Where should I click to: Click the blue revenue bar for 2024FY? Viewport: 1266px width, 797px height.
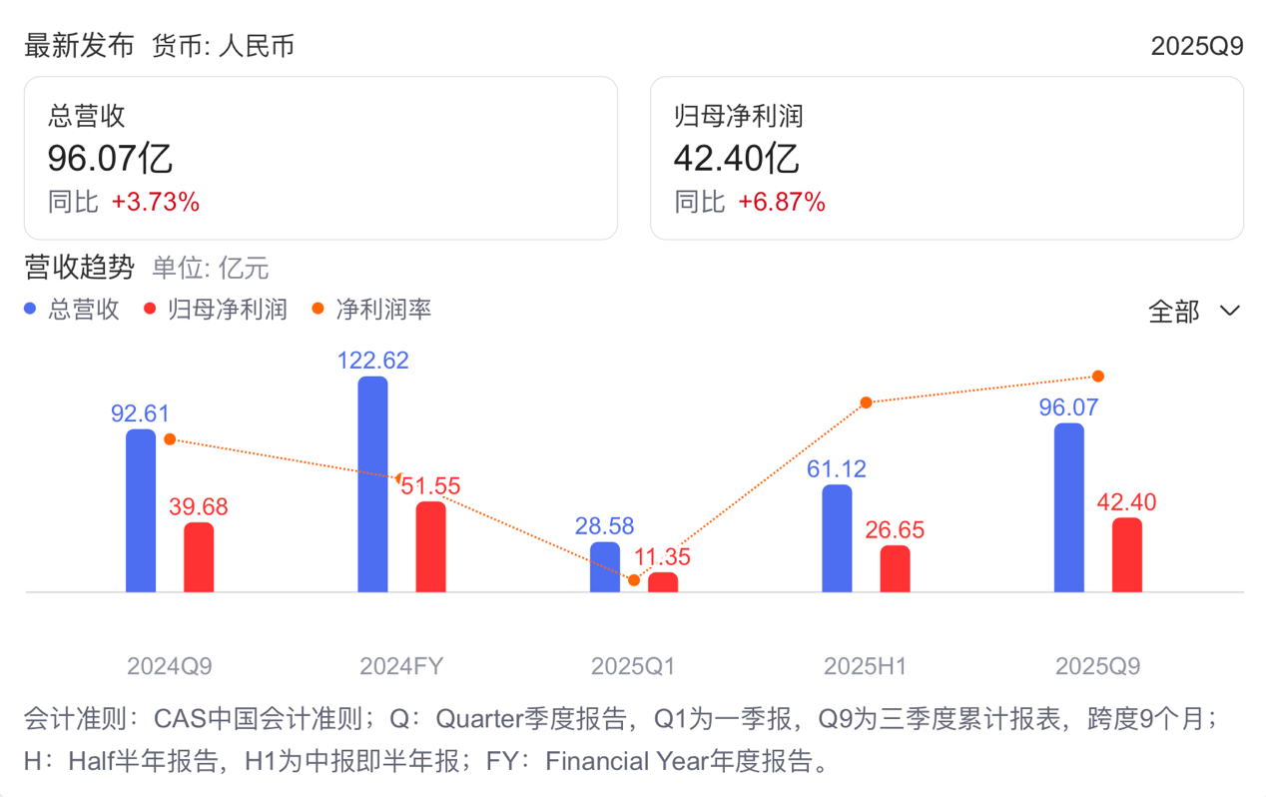pyautogui.click(x=372, y=484)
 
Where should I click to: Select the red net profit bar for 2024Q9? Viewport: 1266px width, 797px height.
pyautogui.click(x=199, y=557)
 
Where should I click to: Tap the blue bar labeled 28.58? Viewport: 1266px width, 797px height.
pyautogui.click(x=605, y=567)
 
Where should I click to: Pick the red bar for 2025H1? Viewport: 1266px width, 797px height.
pyautogui.click(x=895, y=569)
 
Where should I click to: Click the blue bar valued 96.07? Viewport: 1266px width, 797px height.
pyautogui.click(x=1069, y=507)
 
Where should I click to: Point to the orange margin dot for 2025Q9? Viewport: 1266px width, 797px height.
pyautogui.click(x=1098, y=377)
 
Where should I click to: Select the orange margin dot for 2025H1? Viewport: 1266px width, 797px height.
pyautogui.click(x=867, y=402)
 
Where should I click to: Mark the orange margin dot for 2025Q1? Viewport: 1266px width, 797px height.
pyautogui.click(x=634, y=580)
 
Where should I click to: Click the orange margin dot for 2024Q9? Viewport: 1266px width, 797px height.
pyautogui.click(x=170, y=439)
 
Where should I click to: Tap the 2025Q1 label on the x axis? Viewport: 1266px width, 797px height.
pyautogui.click(x=633, y=666)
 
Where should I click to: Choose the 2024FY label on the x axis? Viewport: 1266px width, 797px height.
pyautogui.click(x=401, y=666)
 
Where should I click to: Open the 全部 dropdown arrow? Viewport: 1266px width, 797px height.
pyautogui.click(x=1230, y=312)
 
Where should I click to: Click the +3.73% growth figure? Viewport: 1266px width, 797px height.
pyautogui.click(x=156, y=203)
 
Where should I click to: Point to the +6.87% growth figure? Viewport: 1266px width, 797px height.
pyautogui.click(x=782, y=203)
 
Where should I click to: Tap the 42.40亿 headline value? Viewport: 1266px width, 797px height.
pyautogui.click(x=736, y=159)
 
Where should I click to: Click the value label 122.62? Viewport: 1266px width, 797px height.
pyautogui.click(x=373, y=361)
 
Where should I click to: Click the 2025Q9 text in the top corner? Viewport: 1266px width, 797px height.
pyautogui.click(x=1196, y=46)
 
